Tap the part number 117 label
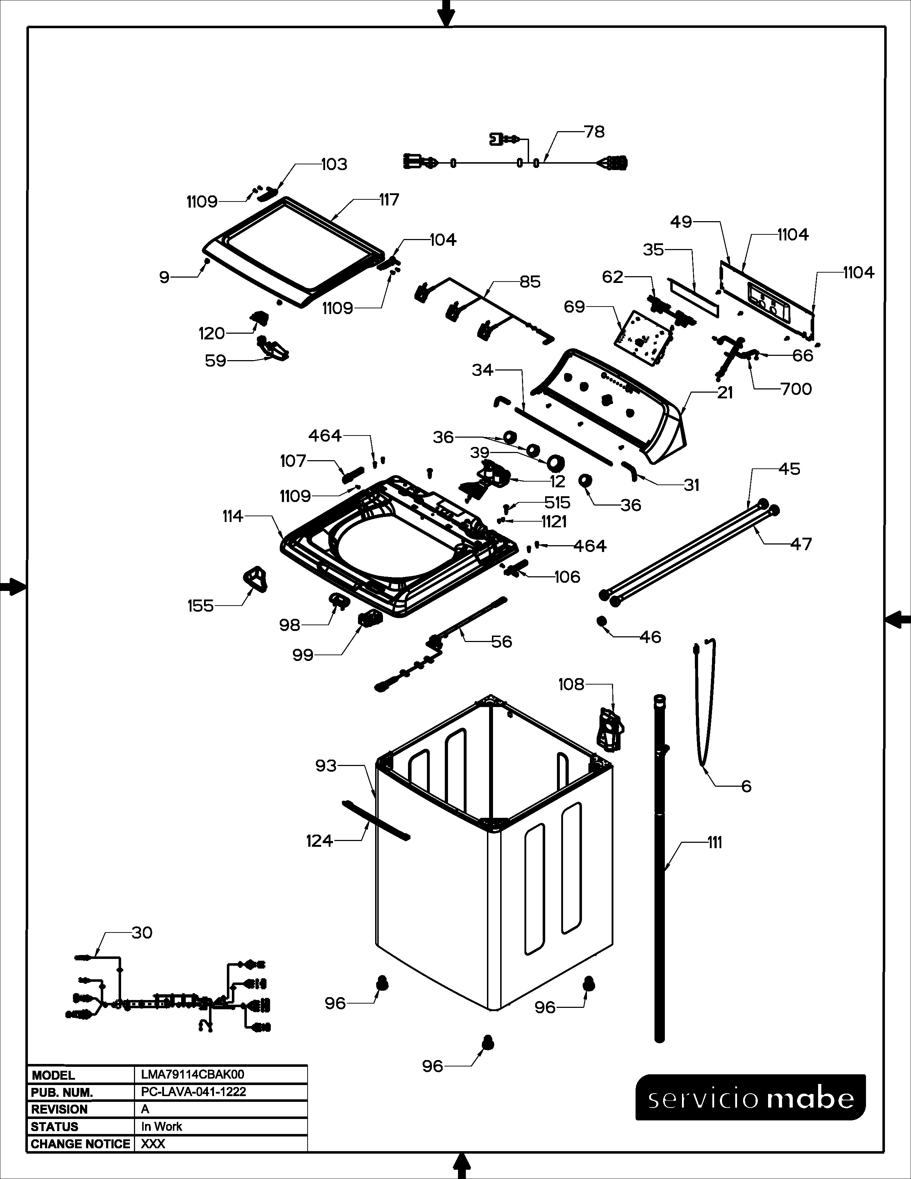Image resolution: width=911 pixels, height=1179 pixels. click(389, 200)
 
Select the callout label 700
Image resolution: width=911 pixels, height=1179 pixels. click(796, 389)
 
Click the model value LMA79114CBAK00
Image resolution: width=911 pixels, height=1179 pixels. click(193, 1075)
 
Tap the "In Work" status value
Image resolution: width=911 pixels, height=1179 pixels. click(162, 1126)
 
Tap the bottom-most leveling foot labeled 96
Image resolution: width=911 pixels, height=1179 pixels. click(487, 1043)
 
